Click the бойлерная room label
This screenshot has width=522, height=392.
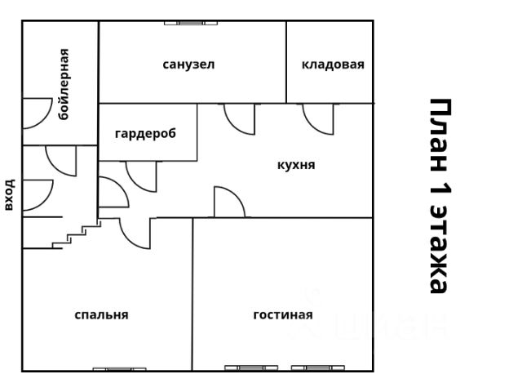click(64, 84)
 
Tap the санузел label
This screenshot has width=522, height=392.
click(188, 64)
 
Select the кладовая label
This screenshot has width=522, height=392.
click(333, 65)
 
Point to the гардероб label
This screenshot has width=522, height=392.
click(145, 133)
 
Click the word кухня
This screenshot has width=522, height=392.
click(296, 164)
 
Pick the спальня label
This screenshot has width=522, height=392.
click(101, 314)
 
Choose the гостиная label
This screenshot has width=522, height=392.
click(283, 314)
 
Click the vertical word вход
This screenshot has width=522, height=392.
click(10, 194)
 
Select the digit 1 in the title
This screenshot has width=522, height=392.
click(440, 195)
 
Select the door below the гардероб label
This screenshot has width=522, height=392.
click(140, 175)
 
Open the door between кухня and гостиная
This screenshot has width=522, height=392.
click(228, 203)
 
